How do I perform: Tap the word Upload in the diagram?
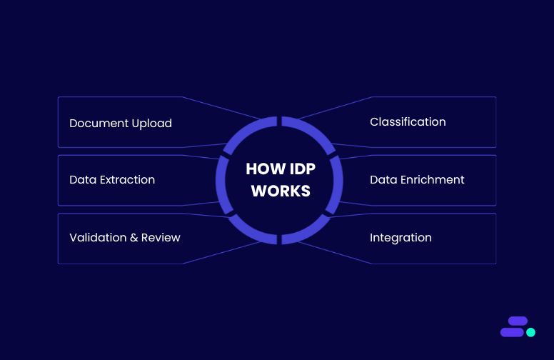click(152, 124)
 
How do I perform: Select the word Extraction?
click(127, 180)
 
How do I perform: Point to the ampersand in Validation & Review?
click(134, 237)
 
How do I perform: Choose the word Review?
click(161, 237)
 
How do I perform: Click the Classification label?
click(408, 122)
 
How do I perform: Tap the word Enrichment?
click(431, 180)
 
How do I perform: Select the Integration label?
click(401, 238)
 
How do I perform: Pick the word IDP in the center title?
click(298, 169)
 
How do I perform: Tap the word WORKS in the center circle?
click(281, 191)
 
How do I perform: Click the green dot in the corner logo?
click(530, 332)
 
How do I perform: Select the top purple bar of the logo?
click(517, 321)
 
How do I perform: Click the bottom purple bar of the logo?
click(512, 332)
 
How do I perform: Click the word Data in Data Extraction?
click(82, 180)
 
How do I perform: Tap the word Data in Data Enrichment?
click(383, 180)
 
